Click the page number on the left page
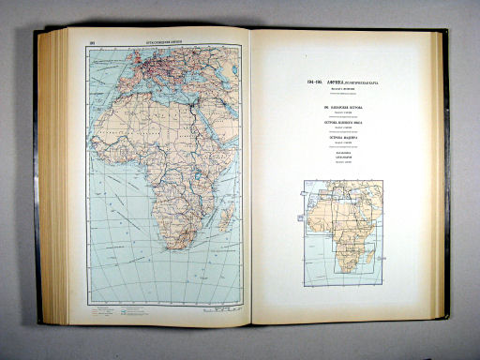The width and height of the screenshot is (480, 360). click(91, 41)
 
